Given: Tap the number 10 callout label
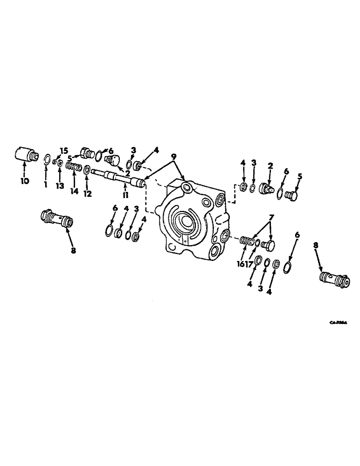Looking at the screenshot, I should (x=24, y=180).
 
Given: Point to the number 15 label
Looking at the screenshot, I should (x=64, y=150).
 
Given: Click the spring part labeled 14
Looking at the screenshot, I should (x=75, y=166).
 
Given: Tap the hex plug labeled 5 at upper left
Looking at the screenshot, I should (x=87, y=152).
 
